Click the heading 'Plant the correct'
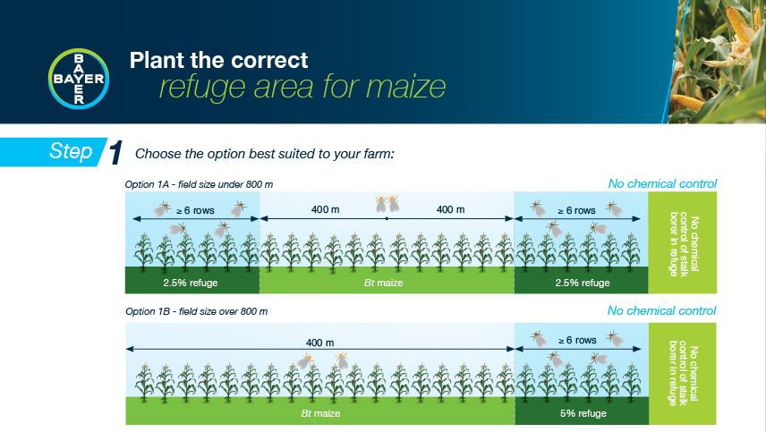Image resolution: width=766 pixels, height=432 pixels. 218,61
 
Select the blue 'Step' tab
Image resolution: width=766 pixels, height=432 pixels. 71,152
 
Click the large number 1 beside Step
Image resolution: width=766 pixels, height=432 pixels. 115,154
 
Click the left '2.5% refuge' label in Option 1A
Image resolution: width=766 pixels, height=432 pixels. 191,283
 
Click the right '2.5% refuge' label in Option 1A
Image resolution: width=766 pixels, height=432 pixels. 583,283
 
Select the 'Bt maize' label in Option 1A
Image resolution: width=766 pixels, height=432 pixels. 387,283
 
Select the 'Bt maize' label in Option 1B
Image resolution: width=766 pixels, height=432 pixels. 319,414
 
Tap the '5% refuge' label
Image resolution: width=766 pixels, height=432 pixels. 583,414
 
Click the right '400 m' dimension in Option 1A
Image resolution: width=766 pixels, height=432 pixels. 450,210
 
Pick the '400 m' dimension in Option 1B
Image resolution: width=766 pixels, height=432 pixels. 319,343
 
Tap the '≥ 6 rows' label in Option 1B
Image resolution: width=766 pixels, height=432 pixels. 576,341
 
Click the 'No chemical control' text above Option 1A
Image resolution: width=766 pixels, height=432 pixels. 662,184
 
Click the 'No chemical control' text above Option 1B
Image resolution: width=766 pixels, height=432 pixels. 662,311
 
